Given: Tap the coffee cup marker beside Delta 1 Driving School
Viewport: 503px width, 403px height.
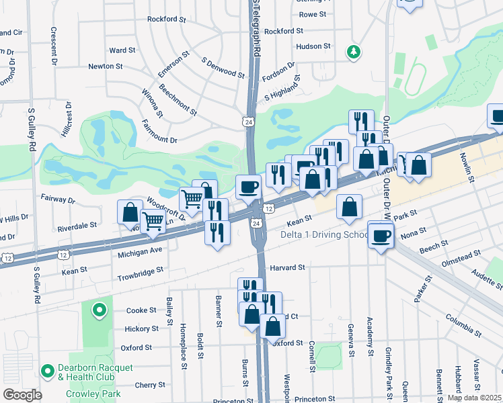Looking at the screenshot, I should pyautogui.click(x=381, y=236).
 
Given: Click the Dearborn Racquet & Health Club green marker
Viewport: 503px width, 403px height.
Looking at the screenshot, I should pyautogui.click(x=48, y=370).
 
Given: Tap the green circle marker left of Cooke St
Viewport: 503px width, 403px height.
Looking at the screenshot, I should pyautogui.click(x=99, y=310).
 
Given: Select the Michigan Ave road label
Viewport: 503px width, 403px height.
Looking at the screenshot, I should pyautogui.click(x=141, y=250).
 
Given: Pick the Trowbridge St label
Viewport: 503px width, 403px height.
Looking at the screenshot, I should pyautogui.click(x=141, y=269).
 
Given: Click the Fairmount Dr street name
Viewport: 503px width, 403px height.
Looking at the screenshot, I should pyautogui.click(x=159, y=140).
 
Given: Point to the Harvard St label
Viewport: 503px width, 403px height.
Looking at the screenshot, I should pyautogui.click(x=288, y=267).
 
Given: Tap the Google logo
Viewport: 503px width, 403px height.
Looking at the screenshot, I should pyautogui.click(x=22, y=395).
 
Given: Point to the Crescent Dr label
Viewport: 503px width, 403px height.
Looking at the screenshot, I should pyautogui.click(x=53, y=46).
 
